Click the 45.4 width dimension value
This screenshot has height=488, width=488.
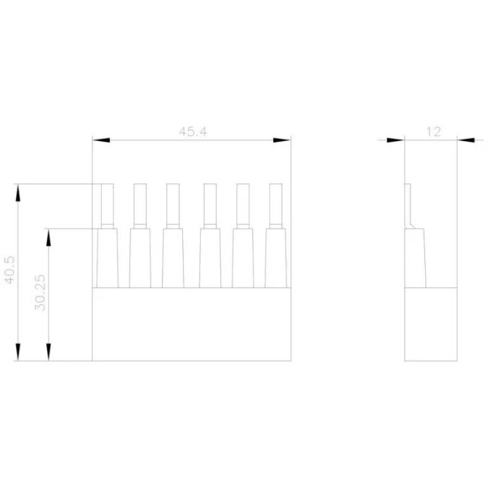(x=193, y=132)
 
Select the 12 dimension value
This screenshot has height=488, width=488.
(x=434, y=132)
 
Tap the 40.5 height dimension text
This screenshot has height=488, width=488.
(x=9, y=270)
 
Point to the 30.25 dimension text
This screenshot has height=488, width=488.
(x=40, y=293)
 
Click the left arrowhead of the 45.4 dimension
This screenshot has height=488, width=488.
(x=101, y=140)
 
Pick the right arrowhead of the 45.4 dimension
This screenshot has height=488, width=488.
(x=282, y=140)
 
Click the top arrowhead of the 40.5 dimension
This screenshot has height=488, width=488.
(x=18, y=193)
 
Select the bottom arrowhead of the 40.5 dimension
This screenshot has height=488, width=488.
(x=18, y=352)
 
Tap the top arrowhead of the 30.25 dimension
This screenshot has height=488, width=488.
(x=48, y=237)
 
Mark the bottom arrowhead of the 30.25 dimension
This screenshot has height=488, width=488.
(x=48, y=352)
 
